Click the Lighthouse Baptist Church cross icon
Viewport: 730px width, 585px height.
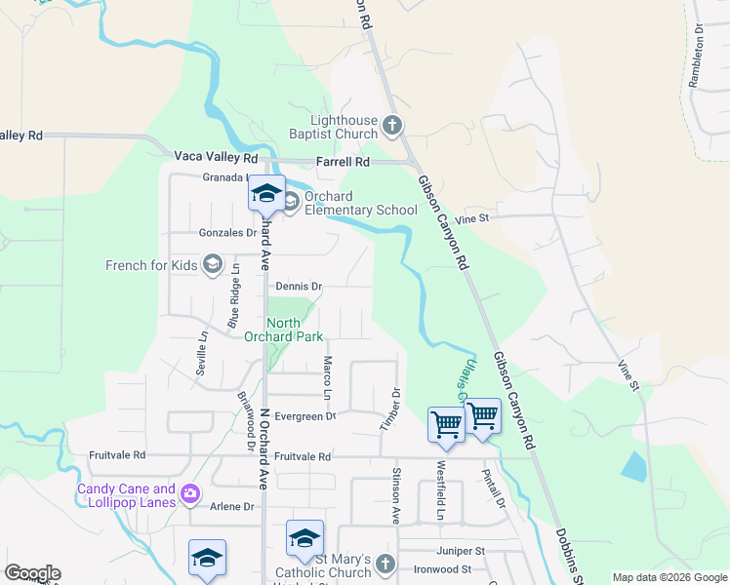[391, 126]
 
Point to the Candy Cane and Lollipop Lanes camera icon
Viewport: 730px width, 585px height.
[189, 495]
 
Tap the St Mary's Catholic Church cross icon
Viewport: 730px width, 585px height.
[385, 565]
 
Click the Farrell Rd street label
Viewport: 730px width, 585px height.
[344, 161]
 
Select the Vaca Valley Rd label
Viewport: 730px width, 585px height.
[216, 156]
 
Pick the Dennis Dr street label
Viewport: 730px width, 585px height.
[299, 287]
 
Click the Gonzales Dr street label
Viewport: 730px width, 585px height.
[227, 233]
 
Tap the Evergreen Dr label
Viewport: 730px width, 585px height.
[304, 416]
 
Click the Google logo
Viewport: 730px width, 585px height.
[32, 573]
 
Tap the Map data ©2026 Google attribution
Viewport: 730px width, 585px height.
[669, 577]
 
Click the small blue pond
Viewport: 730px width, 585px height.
[633, 466]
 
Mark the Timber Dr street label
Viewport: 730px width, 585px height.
[396, 405]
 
